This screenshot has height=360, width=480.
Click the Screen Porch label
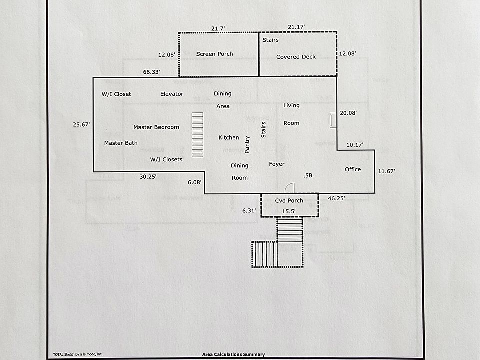point(214,54)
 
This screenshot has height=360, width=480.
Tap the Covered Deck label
point(296,57)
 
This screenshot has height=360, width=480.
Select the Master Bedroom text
point(156,127)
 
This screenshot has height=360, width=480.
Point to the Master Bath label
point(121,143)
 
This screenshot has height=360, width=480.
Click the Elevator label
point(172,94)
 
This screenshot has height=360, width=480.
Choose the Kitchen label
point(229,138)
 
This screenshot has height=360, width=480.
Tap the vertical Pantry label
point(247,145)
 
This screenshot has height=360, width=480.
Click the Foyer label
point(277,164)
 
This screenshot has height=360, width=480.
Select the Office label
point(353,169)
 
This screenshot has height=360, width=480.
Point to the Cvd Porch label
point(289,201)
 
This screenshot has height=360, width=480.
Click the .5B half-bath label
point(308,175)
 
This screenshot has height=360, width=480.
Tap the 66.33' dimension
point(151,72)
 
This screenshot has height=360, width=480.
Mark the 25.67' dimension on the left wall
point(81,124)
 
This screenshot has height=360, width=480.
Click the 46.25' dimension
point(336,199)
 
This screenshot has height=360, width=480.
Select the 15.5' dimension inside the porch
point(289,211)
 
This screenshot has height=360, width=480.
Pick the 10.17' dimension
point(354,145)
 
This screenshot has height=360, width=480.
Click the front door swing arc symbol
point(289,188)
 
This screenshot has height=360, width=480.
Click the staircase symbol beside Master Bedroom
point(198,134)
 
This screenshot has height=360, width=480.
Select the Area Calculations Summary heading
point(233,354)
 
